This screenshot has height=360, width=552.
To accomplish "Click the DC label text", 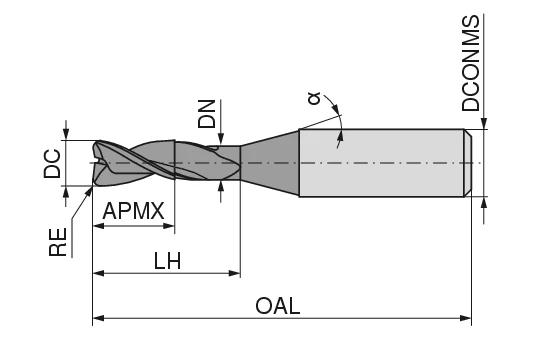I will pos(53,163).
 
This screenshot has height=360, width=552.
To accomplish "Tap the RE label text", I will pos(59,241).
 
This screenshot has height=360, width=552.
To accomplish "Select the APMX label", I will pos(133,212).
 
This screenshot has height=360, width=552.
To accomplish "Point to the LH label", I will pos(167,260).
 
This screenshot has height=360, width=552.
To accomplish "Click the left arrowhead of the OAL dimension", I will pos(98,320).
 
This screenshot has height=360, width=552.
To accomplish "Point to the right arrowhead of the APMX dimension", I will pos(170,226).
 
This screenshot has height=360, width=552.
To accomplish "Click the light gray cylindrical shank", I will pos(380,163).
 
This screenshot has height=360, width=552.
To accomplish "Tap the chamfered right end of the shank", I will pos(467,163).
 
